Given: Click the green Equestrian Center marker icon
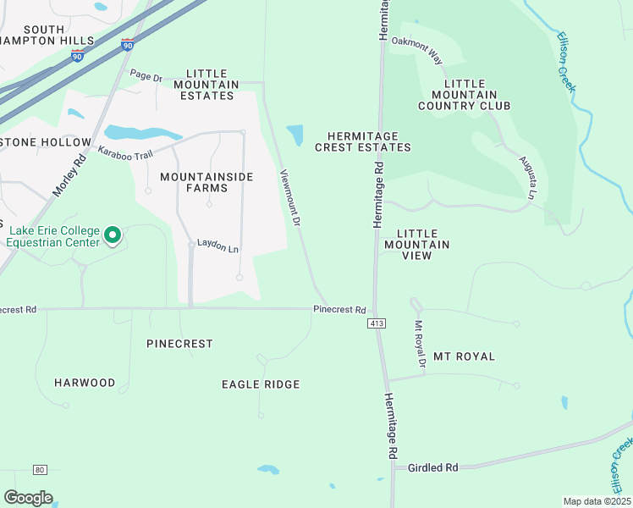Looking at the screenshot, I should pos(113,235).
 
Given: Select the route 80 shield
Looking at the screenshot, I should pos(40,470).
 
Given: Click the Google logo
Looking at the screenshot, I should pos(28,498).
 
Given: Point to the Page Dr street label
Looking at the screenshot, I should pos(146,77).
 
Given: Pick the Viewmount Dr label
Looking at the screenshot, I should pos(291,197).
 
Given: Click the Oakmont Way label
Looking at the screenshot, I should pos(417,54).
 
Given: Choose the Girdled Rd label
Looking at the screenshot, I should pos(432,467).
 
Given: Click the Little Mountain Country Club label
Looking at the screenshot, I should pos(465,95).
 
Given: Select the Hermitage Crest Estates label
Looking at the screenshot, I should pos(363,141).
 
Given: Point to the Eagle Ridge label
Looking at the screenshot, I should pos(261,384).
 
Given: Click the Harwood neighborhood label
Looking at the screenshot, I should pos(85,383).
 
